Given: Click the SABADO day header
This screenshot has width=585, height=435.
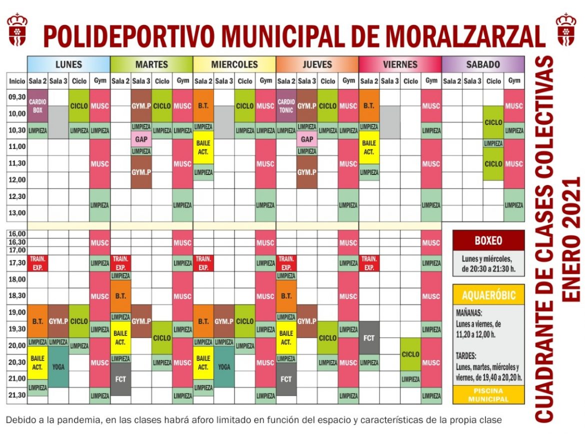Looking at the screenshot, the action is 483,64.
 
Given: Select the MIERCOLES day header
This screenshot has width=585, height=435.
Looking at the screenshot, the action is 234,64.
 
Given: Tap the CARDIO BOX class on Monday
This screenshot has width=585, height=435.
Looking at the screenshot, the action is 37,106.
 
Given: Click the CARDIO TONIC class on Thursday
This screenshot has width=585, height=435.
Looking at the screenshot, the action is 286,106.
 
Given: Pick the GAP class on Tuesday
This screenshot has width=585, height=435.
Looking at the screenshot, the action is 141,139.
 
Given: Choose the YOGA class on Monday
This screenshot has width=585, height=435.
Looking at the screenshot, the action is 58,366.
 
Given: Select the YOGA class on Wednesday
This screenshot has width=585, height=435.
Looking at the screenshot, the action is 224,366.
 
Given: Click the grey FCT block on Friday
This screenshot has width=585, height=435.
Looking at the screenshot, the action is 369,338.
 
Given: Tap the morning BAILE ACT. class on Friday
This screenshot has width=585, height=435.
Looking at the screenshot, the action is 369,147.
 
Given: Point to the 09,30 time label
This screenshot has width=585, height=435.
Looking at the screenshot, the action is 17,97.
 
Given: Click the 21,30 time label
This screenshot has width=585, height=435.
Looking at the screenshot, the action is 17,395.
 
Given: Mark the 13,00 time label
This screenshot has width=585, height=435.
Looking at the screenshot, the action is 17,213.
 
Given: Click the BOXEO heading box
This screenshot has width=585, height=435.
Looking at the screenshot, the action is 488,240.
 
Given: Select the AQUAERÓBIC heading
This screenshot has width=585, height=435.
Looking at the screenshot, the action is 488,295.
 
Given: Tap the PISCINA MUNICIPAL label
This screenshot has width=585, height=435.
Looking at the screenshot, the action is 488,395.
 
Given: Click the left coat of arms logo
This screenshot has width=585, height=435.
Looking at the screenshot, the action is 17,30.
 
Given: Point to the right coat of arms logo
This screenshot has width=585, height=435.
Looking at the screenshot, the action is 566,30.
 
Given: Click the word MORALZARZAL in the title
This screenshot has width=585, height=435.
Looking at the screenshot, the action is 465,36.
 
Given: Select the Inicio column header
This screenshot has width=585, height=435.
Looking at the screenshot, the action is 17,81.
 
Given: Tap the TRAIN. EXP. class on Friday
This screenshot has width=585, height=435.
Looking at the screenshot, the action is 369,263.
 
